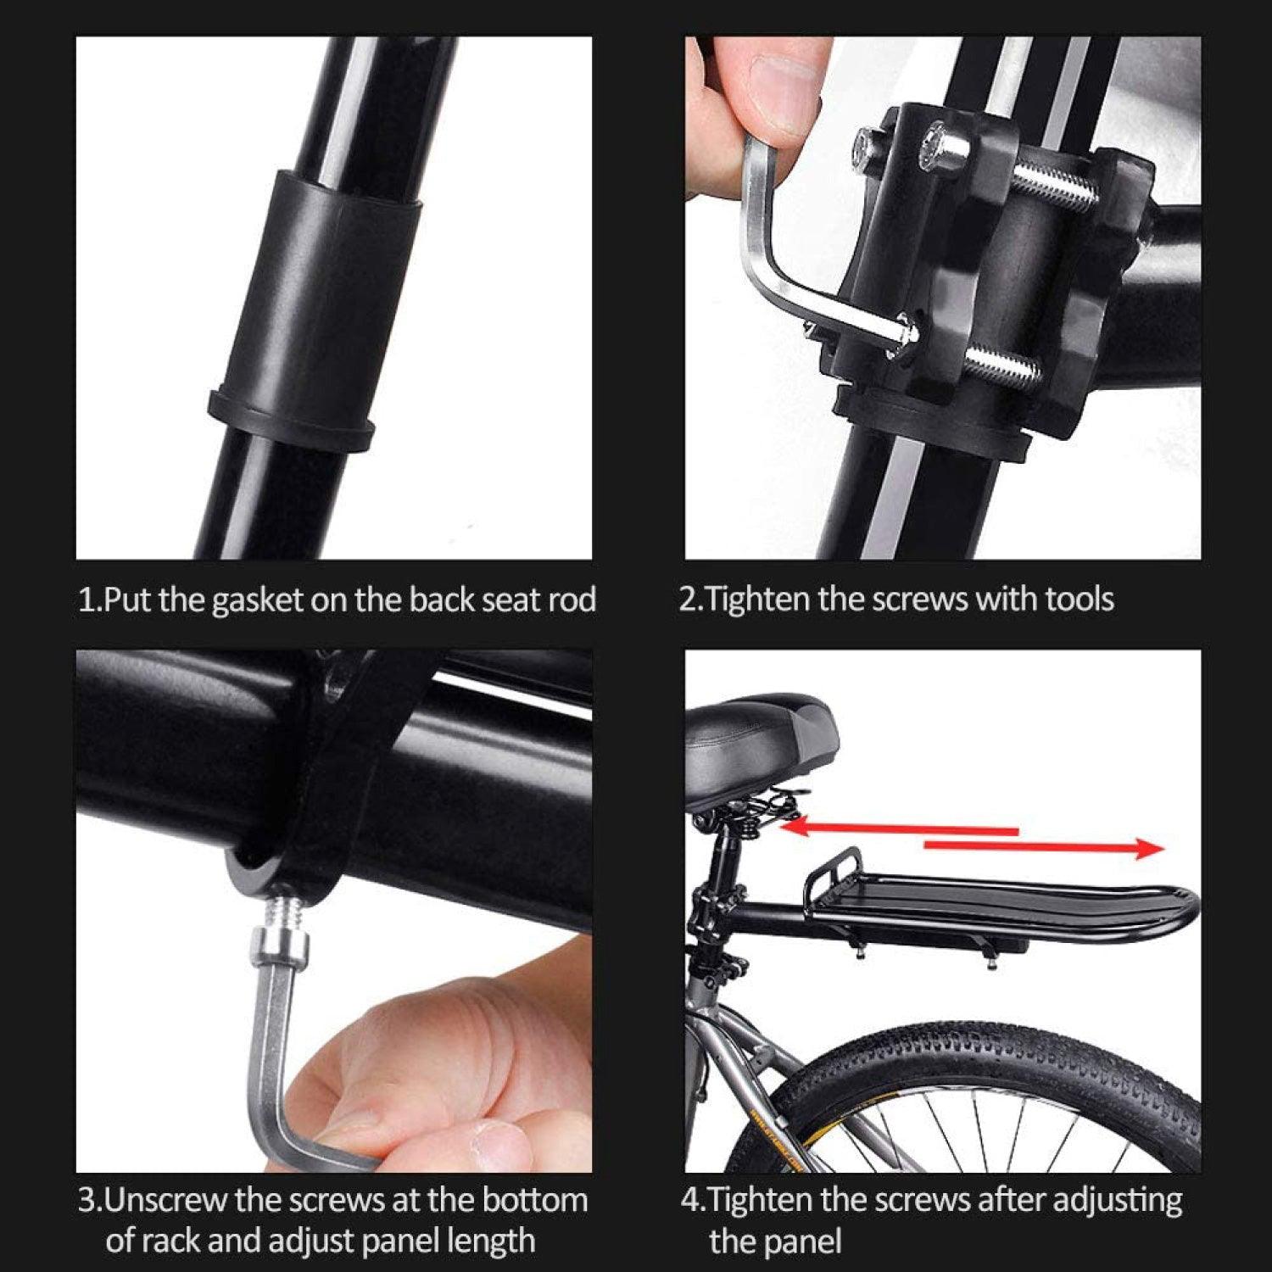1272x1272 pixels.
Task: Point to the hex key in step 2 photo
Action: (767, 246)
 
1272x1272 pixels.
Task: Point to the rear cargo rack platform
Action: (1001, 899)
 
